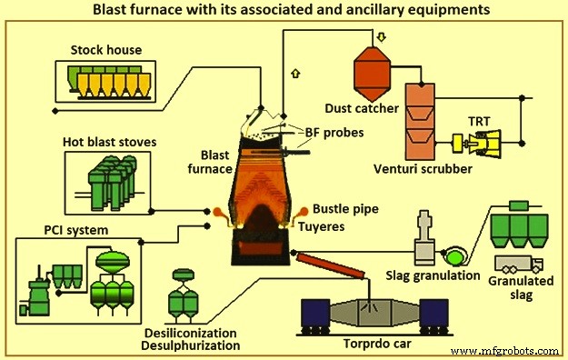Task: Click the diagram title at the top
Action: pos(284,10)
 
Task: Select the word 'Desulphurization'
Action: pos(192,345)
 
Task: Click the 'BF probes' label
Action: pos(334,133)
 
